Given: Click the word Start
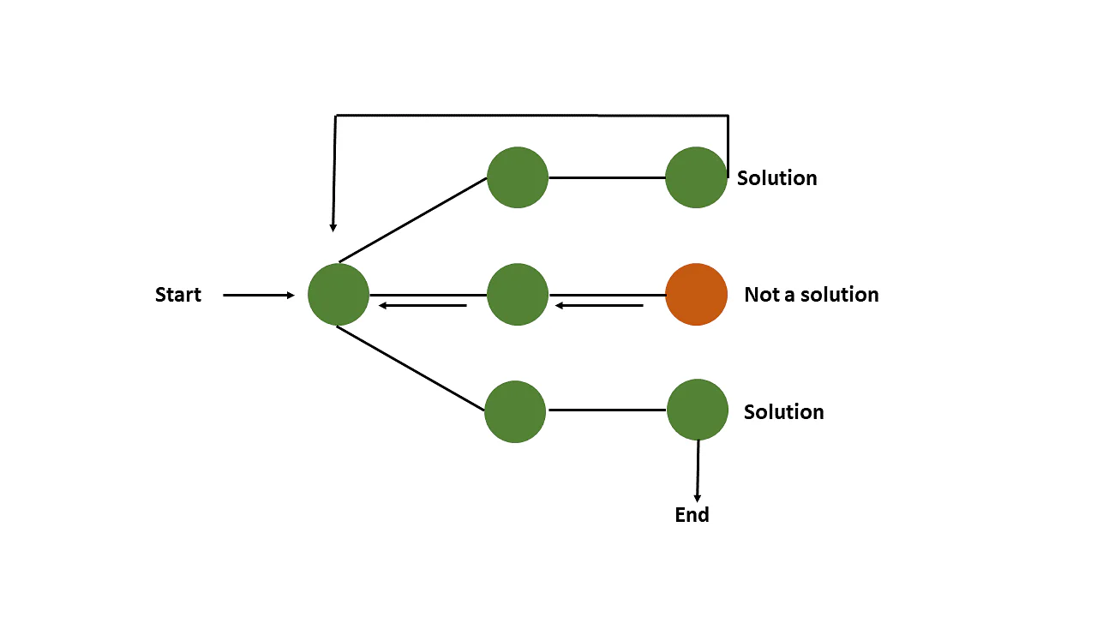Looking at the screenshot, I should pos(178,295).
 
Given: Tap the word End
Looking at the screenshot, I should pos(692,515).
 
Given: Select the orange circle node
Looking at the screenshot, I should pos(696,294).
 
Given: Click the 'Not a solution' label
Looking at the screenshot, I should pos(811,295).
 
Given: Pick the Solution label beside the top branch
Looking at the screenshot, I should pos(776,178).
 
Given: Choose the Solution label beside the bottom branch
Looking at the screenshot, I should pos(783,411).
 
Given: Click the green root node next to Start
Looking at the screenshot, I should pos(339,294).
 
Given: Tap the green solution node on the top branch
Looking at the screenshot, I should pos(696,177).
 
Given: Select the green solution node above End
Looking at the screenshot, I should pos(698,410).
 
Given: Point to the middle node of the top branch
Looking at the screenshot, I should pos(517,177).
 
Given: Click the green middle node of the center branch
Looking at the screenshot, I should pos(517,294).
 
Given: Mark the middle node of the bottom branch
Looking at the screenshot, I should pos(515,411).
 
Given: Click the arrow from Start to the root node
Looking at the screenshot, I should pos(258,296).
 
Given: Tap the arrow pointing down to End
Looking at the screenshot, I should pos(698,471).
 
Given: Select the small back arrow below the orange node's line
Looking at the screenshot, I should pos(599,305).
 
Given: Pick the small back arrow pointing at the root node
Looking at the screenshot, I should pos(423,305).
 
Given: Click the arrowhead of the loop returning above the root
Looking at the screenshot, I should pos(333,226).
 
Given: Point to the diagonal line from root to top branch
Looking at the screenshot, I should pos(413,220).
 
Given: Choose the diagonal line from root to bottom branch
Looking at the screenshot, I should pos(411,368).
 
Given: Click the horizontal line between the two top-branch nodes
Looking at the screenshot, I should pos(607,177).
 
